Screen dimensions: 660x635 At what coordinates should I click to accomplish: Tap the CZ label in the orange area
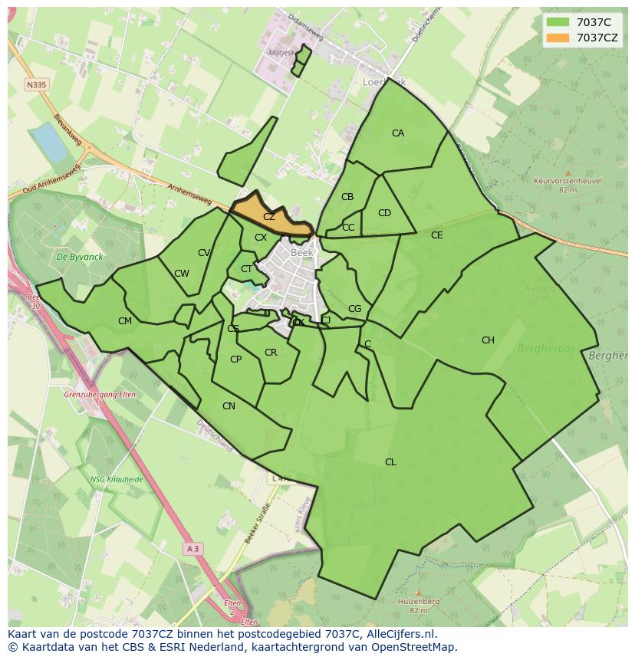click(268, 217)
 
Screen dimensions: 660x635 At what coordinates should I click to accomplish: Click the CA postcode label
click(397, 133)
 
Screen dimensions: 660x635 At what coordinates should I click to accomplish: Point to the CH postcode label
click(488, 340)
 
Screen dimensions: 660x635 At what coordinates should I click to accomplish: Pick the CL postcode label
click(390, 462)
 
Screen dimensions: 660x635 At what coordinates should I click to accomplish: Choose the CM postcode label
click(125, 321)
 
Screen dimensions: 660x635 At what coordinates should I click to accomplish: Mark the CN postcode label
click(229, 406)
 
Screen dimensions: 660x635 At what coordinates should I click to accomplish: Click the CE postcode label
click(436, 235)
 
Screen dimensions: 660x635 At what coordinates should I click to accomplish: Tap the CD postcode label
click(384, 213)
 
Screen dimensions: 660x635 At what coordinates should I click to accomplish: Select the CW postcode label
click(181, 274)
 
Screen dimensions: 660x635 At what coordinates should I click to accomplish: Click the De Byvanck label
click(74, 258)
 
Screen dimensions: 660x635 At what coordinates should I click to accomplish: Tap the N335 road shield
click(35, 84)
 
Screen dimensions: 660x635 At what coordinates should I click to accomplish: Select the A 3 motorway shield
click(192, 549)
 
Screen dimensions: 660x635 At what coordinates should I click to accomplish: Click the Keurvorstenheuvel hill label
click(568, 182)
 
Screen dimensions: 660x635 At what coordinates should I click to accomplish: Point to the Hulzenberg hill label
click(418, 602)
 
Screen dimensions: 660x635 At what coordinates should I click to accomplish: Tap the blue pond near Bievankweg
click(50, 142)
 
